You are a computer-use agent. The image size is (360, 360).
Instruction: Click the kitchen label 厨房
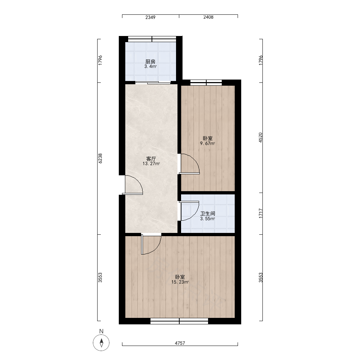click(x=150, y=62)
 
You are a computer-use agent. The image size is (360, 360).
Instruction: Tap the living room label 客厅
click(x=151, y=159)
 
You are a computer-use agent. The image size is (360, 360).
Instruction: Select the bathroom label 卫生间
click(x=208, y=213)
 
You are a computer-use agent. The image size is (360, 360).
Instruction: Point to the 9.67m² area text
click(x=208, y=144)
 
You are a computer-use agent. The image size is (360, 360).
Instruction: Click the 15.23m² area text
click(x=180, y=282)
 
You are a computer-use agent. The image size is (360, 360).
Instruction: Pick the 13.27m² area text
click(x=151, y=164)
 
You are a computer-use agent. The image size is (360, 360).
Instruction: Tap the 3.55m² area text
click(x=208, y=219)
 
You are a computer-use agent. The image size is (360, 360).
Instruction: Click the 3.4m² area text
click(x=150, y=67)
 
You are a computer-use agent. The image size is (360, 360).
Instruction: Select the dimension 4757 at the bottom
click(x=180, y=343)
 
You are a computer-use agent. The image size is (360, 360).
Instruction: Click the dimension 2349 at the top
click(x=150, y=17)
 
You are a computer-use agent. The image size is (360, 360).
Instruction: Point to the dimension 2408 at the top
click(x=208, y=17)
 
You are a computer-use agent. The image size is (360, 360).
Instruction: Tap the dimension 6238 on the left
click(x=100, y=158)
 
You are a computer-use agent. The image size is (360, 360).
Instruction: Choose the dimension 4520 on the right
click(x=260, y=138)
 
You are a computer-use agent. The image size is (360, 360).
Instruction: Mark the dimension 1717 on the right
click(x=260, y=213)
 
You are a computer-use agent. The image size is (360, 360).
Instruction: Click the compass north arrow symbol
click(x=101, y=343)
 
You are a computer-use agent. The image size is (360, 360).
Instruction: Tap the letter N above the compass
click(x=101, y=331)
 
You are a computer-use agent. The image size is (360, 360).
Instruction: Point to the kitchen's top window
click(x=152, y=39)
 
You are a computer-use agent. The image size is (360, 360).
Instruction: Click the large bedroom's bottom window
click(x=179, y=321)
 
